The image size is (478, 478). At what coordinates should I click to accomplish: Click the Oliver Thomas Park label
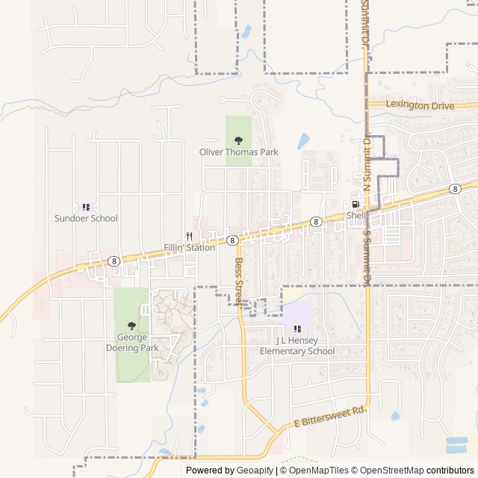238,152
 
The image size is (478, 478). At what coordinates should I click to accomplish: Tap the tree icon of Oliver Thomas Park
238,140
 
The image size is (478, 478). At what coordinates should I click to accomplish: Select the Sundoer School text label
86,218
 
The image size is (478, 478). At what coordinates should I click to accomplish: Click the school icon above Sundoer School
86,207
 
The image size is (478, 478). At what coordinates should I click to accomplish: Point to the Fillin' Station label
189,247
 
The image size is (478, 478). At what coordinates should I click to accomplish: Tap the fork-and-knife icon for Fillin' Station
189,236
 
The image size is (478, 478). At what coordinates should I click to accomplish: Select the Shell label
356,216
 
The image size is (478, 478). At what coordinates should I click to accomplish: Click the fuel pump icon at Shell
356,205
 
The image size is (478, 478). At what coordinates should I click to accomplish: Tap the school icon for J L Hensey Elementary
297,329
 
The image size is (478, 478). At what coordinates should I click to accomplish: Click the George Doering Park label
131,343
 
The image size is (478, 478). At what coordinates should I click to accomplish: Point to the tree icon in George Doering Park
131,326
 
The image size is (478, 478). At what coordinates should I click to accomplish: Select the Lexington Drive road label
420,106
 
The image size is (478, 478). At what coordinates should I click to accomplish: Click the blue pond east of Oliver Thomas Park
303,140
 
